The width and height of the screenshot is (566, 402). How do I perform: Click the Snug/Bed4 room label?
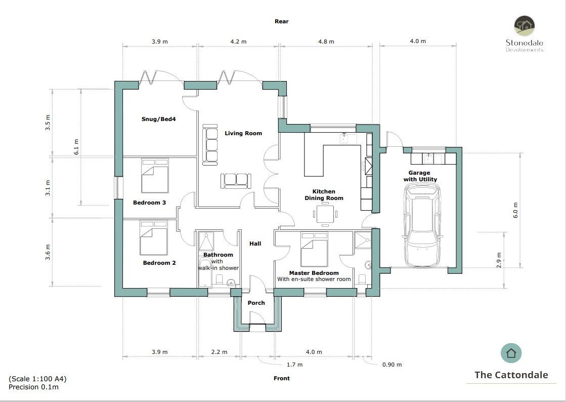point(158,119)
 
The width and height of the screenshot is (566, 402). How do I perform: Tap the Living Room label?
point(243,134)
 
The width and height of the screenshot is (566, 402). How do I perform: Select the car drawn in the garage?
point(422,225)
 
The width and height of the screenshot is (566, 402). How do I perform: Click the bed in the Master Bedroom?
point(314,249)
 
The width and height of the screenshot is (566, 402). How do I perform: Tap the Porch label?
point(256,303)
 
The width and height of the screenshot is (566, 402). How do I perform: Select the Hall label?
point(255,244)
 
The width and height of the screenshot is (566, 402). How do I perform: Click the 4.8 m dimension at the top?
point(326,42)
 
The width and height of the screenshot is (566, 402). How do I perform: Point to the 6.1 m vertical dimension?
point(76,147)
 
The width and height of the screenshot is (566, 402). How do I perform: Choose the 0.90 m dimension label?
point(392,365)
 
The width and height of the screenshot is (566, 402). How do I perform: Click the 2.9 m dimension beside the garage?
point(499,260)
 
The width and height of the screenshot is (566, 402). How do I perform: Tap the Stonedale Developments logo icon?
point(525,26)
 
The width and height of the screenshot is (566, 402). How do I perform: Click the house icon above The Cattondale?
point(511,353)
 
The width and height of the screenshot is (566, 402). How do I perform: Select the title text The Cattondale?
point(511,375)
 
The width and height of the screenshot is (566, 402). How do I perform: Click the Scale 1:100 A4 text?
point(38,379)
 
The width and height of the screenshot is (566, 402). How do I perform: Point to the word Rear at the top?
point(282,21)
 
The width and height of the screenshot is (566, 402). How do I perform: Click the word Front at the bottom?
point(282,378)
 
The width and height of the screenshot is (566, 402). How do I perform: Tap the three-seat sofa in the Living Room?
point(210,145)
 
